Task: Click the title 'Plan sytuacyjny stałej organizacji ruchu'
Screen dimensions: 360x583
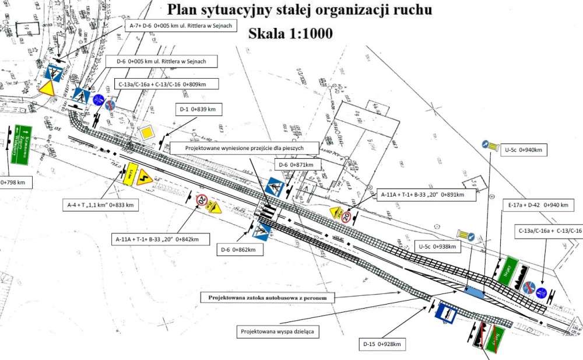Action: (299, 10)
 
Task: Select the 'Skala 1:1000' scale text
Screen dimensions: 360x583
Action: (290, 33)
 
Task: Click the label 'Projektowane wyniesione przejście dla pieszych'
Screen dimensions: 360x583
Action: (245, 148)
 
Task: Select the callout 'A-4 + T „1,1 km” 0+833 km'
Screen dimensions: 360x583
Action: (100, 205)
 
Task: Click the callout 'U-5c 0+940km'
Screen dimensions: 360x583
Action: (522, 150)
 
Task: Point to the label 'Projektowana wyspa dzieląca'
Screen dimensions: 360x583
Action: (280, 331)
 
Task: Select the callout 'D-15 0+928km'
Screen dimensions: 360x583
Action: (381, 344)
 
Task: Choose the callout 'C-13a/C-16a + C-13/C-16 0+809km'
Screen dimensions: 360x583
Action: (167, 84)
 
